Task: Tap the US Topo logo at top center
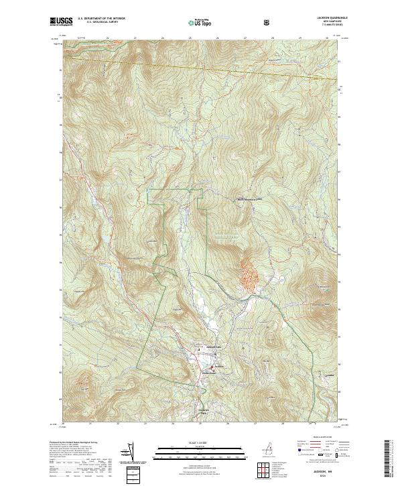[x=200, y=22]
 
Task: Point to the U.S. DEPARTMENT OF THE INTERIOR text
[x=100, y=19]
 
